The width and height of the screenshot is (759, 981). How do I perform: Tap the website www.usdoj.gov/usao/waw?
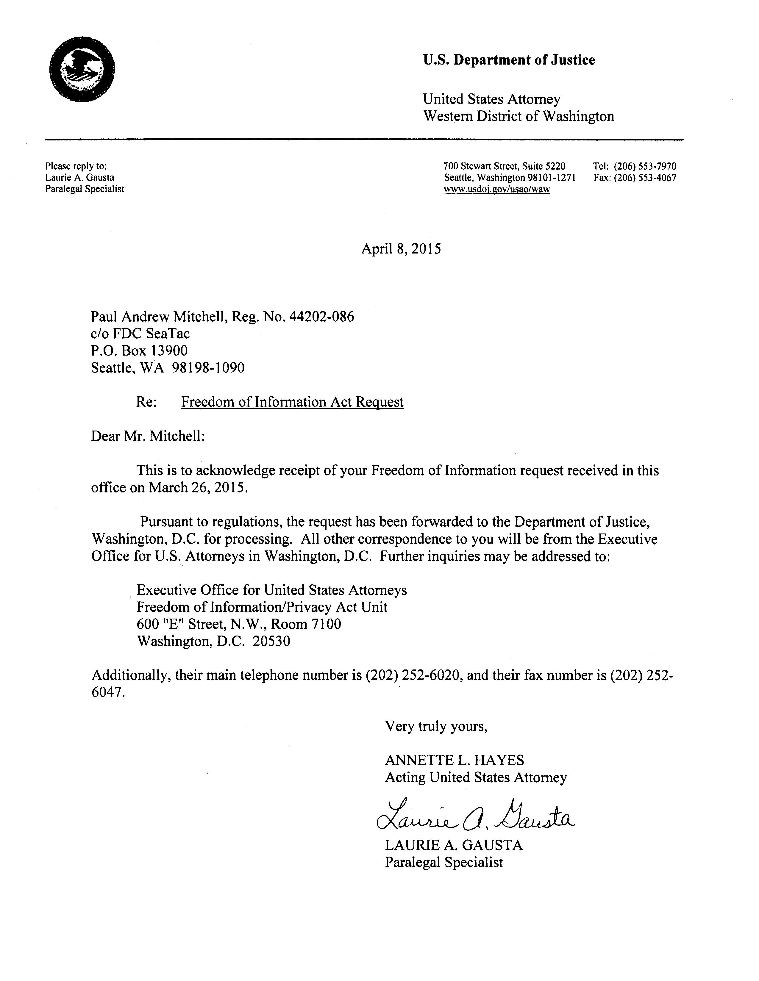tap(496, 189)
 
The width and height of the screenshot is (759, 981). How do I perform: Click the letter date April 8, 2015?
tap(401, 248)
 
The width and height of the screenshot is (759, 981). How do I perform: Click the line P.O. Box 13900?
tap(139, 351)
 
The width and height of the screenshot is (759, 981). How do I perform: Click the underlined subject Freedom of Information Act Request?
tap(292, 402)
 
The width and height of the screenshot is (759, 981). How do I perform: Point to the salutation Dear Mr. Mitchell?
tap(148, 436)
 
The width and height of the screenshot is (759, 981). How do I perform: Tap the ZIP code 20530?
tap(271, 641)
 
